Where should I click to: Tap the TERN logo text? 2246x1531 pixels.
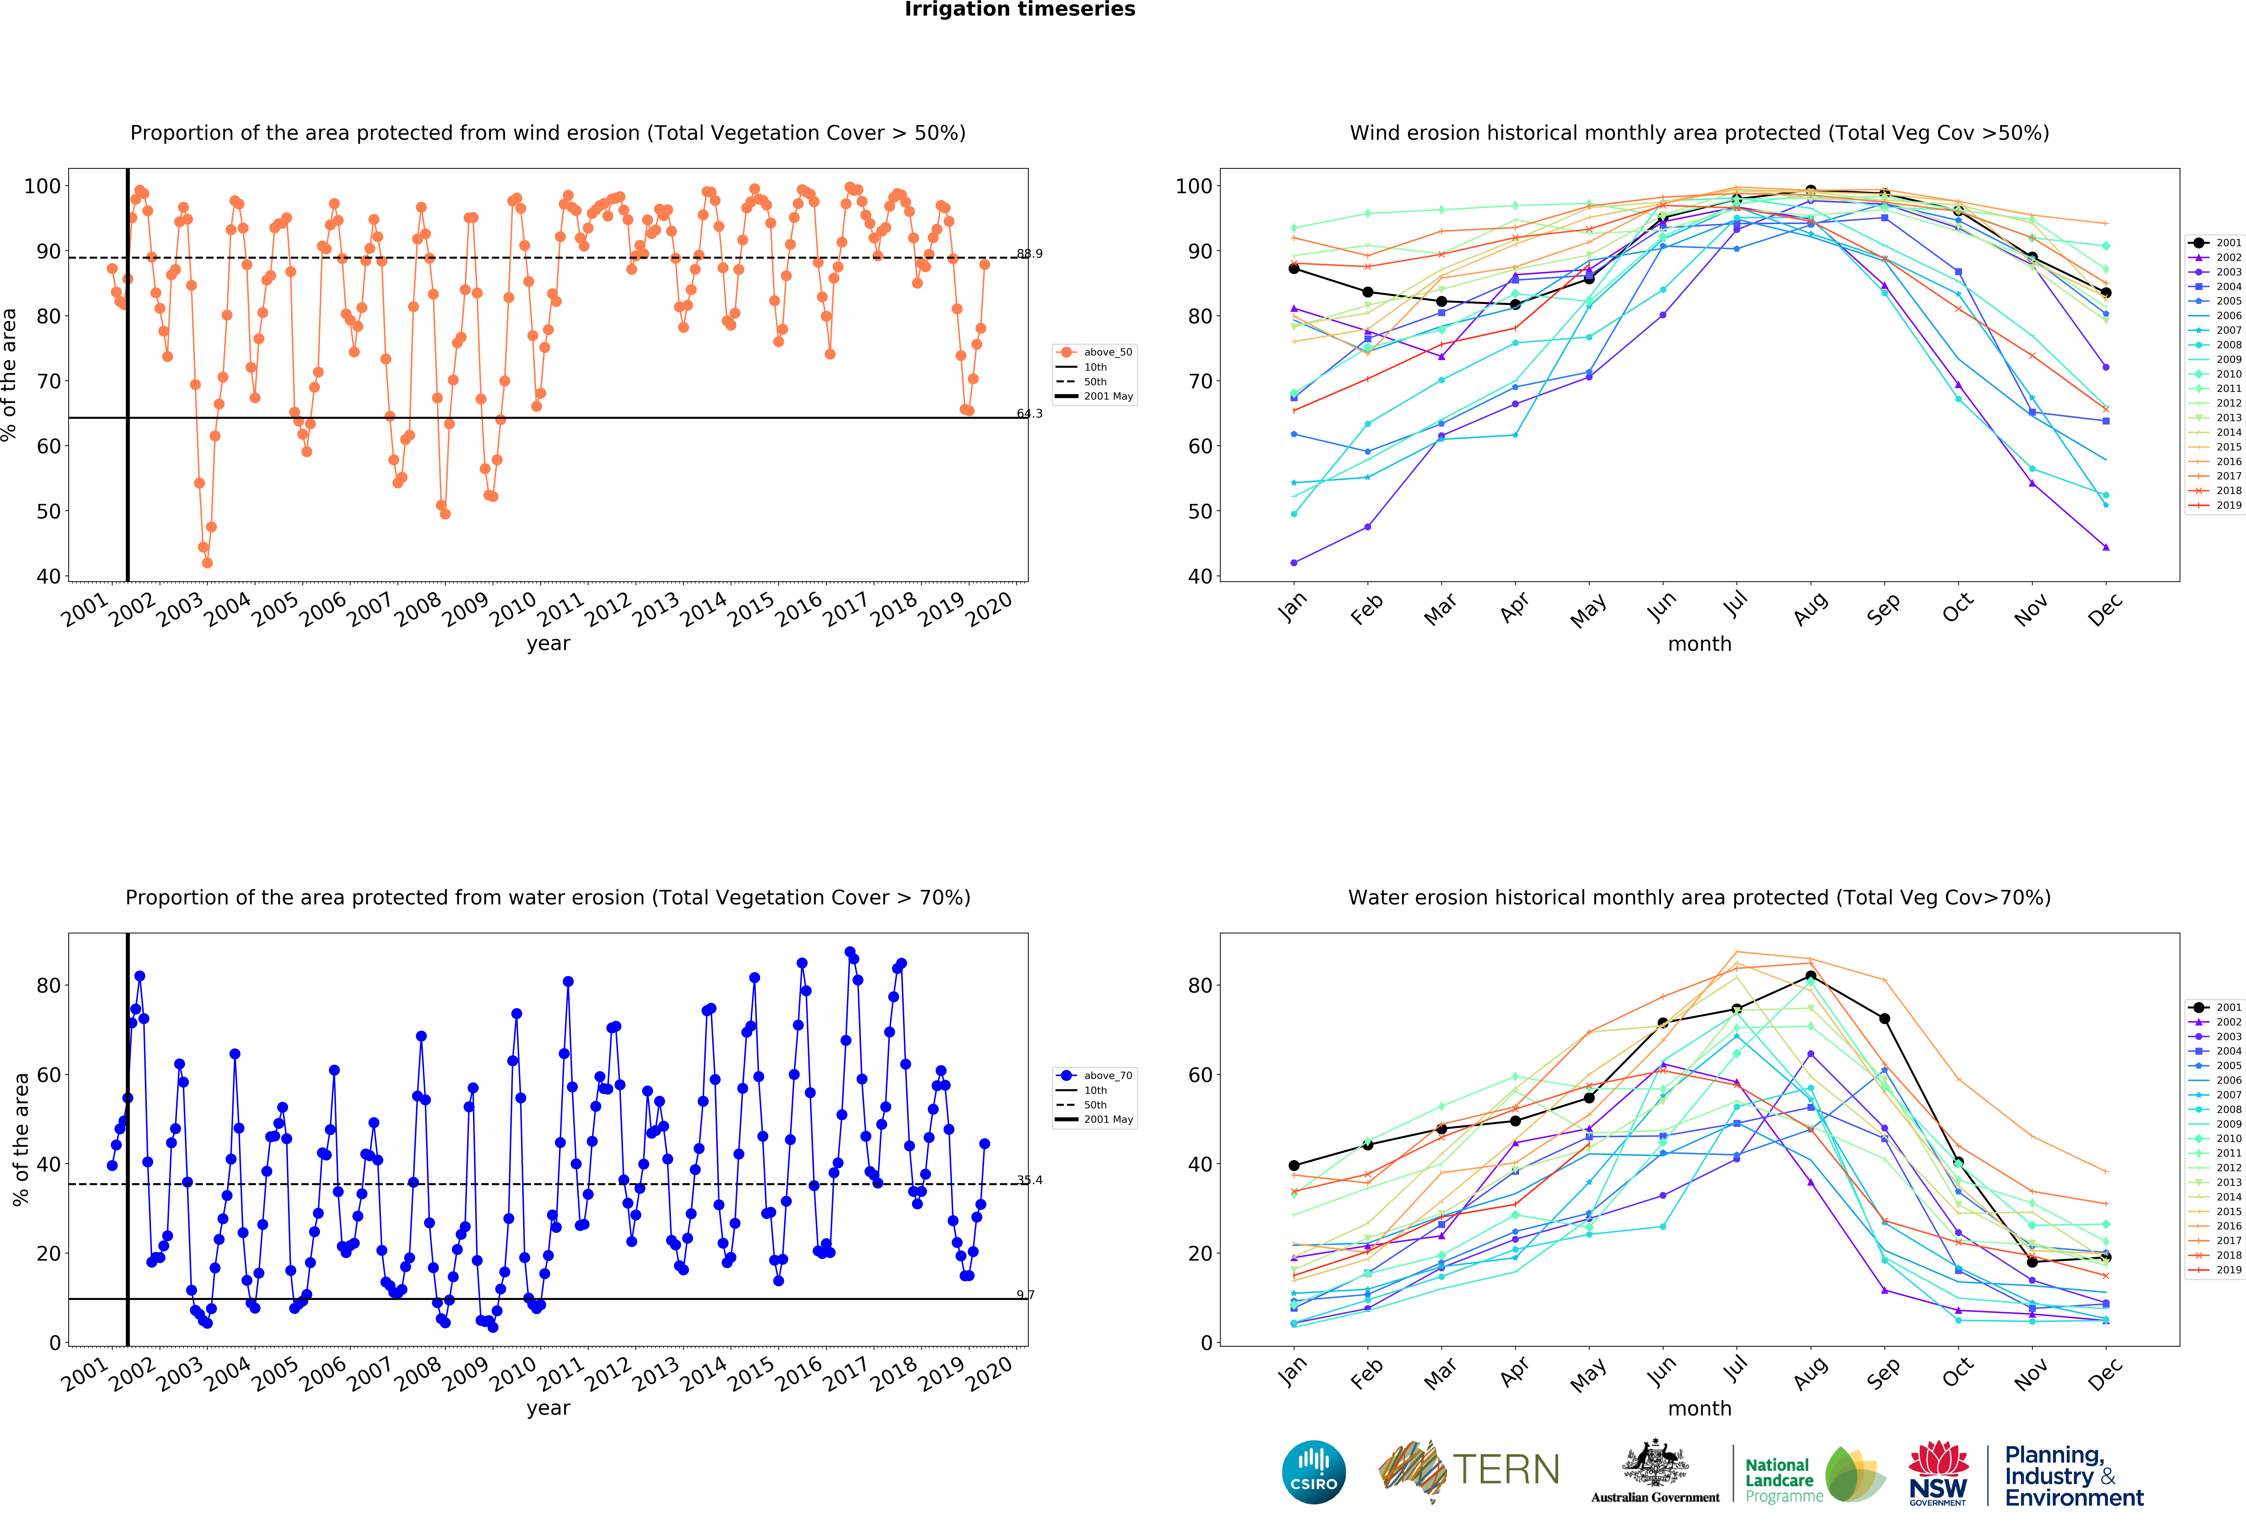1506,1470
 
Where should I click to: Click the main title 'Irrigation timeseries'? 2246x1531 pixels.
1020,10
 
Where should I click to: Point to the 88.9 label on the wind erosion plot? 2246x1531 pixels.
1029,253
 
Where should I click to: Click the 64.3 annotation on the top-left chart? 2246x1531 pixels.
1029,414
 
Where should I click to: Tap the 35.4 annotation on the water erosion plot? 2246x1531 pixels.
1029,1180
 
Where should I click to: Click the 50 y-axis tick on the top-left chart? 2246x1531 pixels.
48,511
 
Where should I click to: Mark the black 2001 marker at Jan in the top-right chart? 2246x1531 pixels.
1294,269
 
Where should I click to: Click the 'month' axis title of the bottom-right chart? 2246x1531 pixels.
1699,1408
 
